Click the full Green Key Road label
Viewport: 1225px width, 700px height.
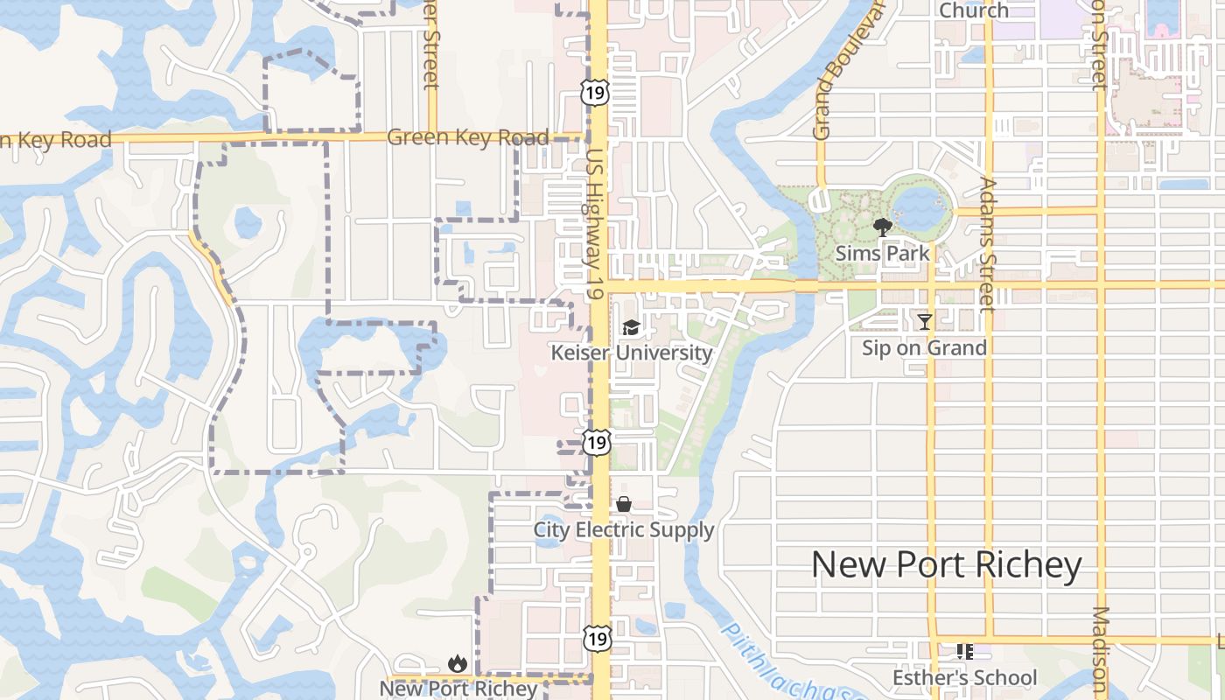(467, 137)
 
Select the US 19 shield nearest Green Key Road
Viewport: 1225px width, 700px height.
(595, 92)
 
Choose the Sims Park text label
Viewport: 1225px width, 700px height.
(882, 254)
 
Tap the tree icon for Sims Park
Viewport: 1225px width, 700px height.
(882, 228)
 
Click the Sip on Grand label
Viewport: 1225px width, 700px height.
(924, 347)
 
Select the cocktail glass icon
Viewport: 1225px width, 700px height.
(924, 321)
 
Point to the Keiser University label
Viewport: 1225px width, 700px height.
(631, 353)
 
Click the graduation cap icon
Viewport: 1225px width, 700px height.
(631, 328)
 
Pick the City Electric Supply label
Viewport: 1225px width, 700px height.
(624, 530)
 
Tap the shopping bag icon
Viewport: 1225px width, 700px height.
(624, 504)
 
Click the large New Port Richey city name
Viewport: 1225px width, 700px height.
(946, 565)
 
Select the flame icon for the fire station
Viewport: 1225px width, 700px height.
(457, 664)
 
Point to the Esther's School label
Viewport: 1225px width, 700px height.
(964, 678)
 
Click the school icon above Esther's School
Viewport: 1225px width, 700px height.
(964, 652)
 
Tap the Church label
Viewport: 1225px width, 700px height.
(973, 10)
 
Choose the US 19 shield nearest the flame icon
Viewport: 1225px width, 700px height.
(597, 638)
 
